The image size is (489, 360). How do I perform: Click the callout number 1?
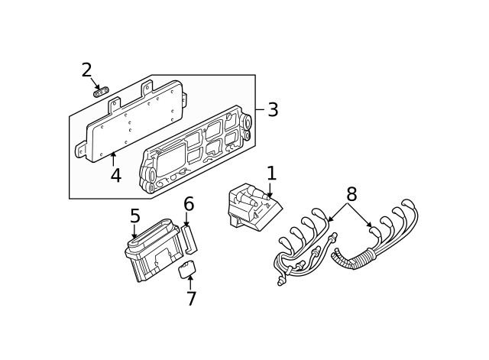pyautogui.click(x=270, y=174)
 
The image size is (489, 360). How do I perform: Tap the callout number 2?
pyautogui.click(x=86, y=70)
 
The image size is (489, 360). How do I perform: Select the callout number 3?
pyautogui.click(x=272, y=110)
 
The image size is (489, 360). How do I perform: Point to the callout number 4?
pyautogui.click(x=115, y=176)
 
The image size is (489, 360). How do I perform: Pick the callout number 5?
pyautogui.click(x=134, y=216)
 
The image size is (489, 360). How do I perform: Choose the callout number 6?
pyautogui.click(x=188, y=204)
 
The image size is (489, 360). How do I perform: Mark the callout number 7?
pyautogui.click(x=191, y=299)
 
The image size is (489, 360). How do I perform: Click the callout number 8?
pyautogui.click(x=351, y=193)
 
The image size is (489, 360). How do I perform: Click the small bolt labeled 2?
pyautogui.click(x=100, y=92)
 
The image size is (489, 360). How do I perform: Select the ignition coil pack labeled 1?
pyautogui.click(x=250, y=208)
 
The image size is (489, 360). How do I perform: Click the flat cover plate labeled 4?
pyautogui.click(x=134, y=122)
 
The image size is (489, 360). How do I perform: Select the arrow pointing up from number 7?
pyautogui.click(x=190, y=282)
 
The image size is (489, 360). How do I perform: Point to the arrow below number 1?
pyautogui.click(x=269, y=190)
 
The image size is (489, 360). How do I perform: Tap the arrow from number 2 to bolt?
pyautogui.click(x=95, y=83)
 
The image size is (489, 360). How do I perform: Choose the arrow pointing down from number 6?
pyautogui.click(x=186, y=219)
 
